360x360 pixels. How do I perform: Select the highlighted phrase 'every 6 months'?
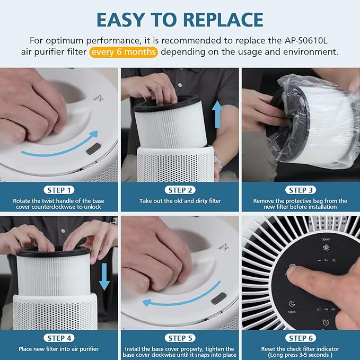tap(124, 52)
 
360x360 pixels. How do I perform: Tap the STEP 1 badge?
tap(59, 190)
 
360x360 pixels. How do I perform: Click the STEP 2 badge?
tap(180, 190)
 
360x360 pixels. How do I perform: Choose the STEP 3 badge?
tap(301, 190)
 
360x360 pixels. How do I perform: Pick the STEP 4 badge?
tap(59, 338)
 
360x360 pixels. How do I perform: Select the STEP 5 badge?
tap(180, 338)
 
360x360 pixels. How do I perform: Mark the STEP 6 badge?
tap(301, 338)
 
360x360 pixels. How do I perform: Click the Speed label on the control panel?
tap(326, 240)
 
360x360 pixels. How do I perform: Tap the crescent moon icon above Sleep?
tap(292, 304)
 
